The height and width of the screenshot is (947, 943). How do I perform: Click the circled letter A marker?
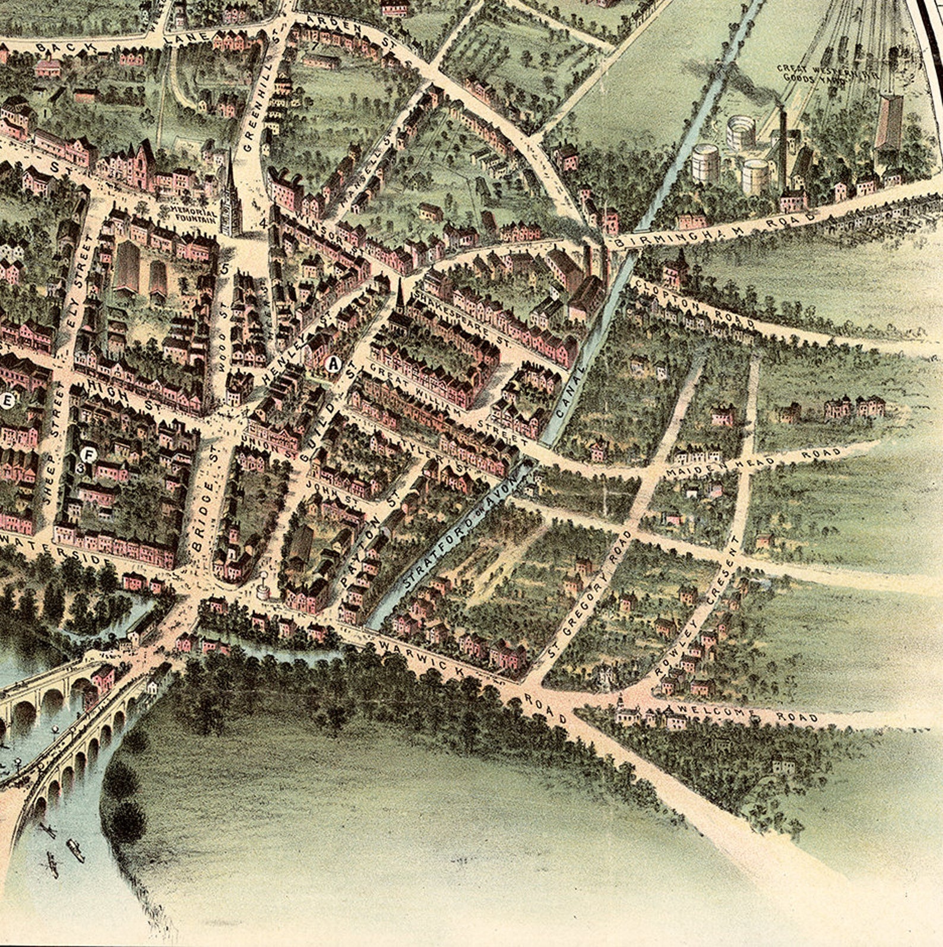[333, 363]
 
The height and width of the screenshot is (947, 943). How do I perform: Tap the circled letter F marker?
[88, 455]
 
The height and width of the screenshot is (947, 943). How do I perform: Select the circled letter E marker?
[7, 402]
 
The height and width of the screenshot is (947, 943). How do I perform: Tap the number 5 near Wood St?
[224, 268]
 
